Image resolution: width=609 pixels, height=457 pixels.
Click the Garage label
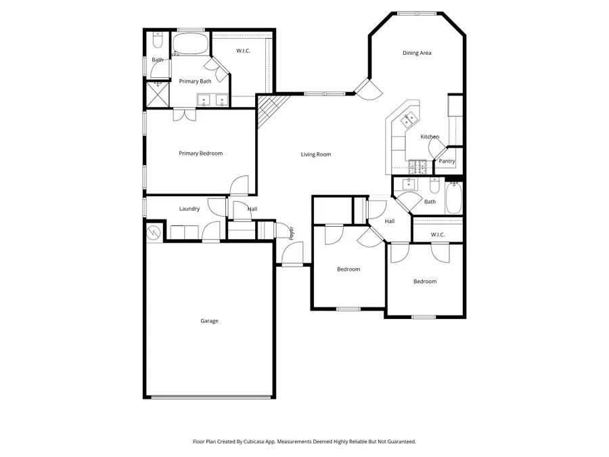pyautogui.click(x=209, y=321)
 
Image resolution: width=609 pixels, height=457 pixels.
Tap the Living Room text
pyautogui.click(x=316, y=154)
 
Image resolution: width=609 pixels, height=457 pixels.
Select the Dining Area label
pyautogui.click(x=417, y=53)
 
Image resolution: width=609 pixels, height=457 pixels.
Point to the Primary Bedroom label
pyautogui.click(x=200, y=153)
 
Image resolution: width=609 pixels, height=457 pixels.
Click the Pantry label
pyautogui.click(x=447, y=161)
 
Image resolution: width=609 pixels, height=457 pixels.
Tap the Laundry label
pyautogui.click(x=189, y=209)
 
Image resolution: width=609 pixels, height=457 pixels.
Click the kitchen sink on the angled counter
pyautogui.click(x=409, y=120)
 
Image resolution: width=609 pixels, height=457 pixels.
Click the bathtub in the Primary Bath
pyautogui.click(x=191, y=45)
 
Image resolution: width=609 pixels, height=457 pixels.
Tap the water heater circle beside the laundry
pyautogui.click(x=155, y=232)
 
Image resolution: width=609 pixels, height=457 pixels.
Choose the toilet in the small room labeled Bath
pyautogui.click(x=157, y=42)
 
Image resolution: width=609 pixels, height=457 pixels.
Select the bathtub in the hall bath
pyautogui.click(x=454, y=198)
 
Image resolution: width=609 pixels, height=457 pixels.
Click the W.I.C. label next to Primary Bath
pyautogui.click(x=244, y=51)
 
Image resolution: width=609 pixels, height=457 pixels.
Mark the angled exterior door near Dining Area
pyautogui.click(x=367, y=89)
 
